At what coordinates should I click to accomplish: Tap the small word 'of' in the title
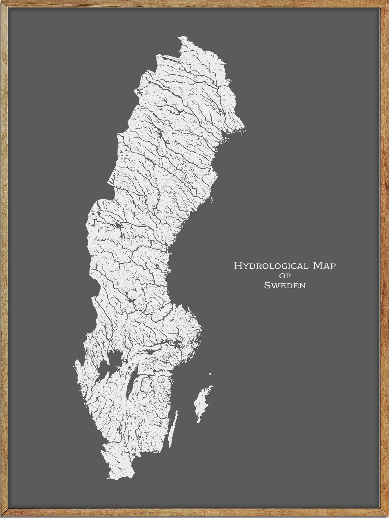tap(285, 276)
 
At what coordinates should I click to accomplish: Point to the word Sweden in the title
tap(285, 285)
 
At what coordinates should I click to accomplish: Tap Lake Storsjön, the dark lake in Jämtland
tap(118, 225)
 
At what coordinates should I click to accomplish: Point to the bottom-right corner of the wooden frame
tap(386, 515)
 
